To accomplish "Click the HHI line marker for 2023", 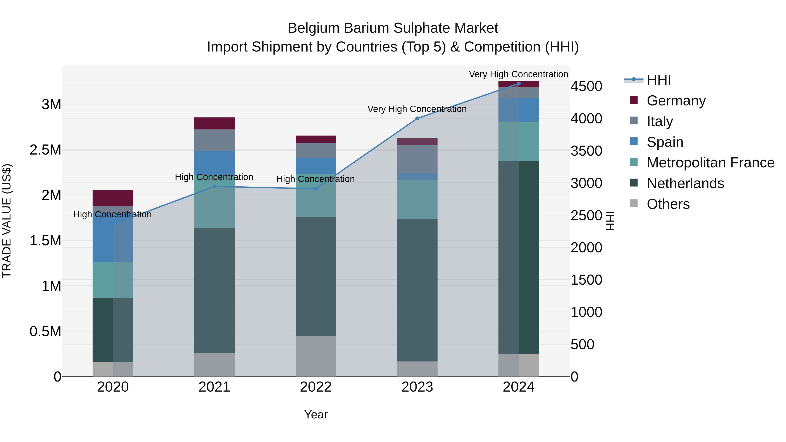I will coord(417,118).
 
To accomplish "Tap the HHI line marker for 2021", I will coord(214,186).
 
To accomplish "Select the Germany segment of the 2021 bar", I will coord(214,123).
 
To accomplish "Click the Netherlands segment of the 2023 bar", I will coord(417,290).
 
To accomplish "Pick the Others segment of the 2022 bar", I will coord(316,356).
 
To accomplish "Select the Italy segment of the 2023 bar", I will coord(417,159).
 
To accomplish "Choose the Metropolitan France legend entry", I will coord(710,163).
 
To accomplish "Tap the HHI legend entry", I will coord(658,80).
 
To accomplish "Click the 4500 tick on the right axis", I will coord(586,86).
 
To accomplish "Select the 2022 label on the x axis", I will coord(316,387).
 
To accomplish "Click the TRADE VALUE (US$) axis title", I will coord(7,221).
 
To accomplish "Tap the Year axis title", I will coord(316,414).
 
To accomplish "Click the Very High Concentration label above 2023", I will coord(417,109).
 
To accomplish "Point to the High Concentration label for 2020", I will coord(113,214).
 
